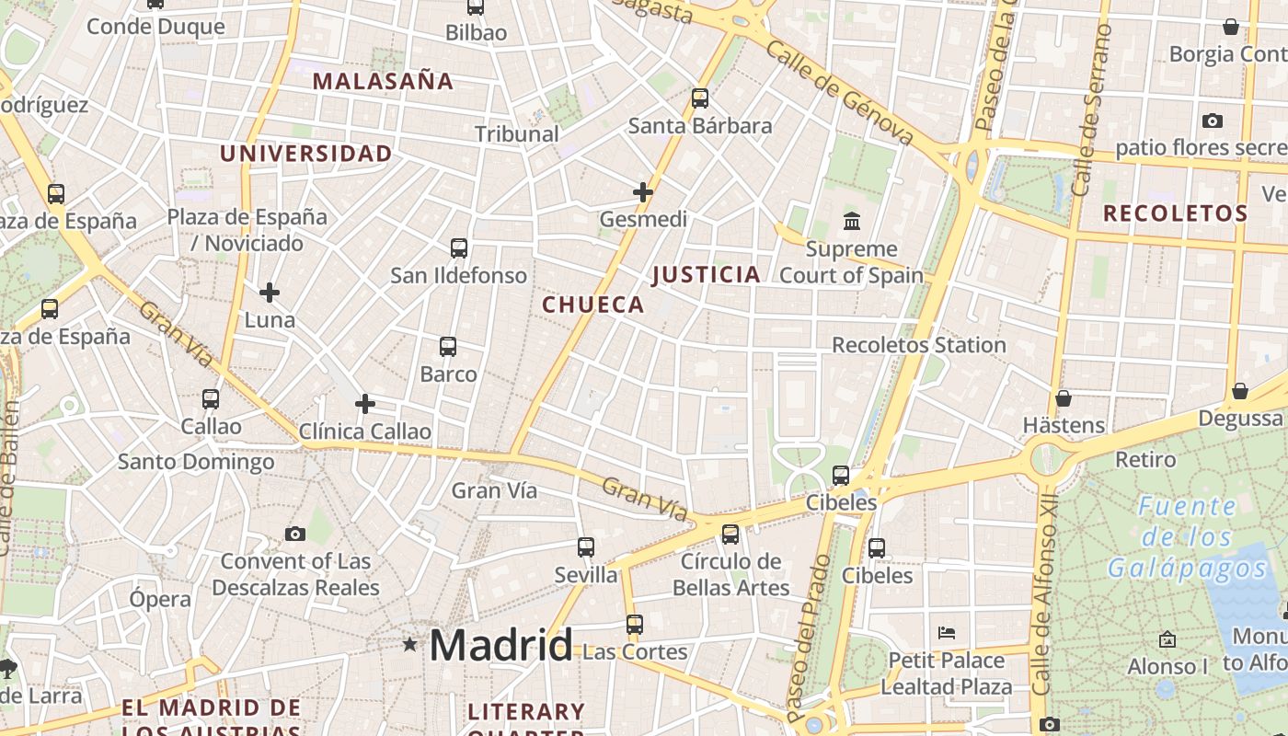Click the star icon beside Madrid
tap(409, 645)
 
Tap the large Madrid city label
tap(501, 645)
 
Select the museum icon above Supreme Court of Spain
tap(852, 222)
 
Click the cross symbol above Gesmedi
tap(643, 192)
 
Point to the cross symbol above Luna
tap(270, 293)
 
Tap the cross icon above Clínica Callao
tap(365, 403)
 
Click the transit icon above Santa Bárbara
tap(700, 98)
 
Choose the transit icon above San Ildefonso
tap(459, 247)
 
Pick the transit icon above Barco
tap(448, 347)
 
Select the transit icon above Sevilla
tap(586, 547)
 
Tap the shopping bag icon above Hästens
tap(1064, 398)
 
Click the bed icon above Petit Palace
tap(947, 632)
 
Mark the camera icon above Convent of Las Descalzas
tap(295, 534)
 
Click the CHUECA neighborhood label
tap(593, 305)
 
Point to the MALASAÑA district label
tap(384, 81)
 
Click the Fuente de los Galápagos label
tap(1187, 536)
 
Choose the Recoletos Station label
tap(919, 345)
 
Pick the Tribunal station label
tap(517, 133)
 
